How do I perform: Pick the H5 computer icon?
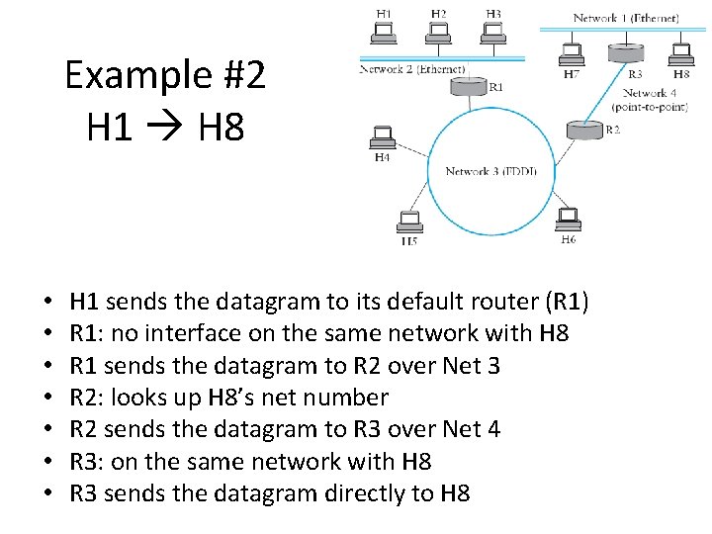(x=407, y=222)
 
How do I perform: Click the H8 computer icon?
(x=680, y=53)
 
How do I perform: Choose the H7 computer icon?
(x=572, y=53)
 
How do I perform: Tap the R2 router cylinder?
(x=581, y=130)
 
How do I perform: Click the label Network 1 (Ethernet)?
(x=626, y=18)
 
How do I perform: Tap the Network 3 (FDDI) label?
(x=490, y=171)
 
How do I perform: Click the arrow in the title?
(x=164, y=127)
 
